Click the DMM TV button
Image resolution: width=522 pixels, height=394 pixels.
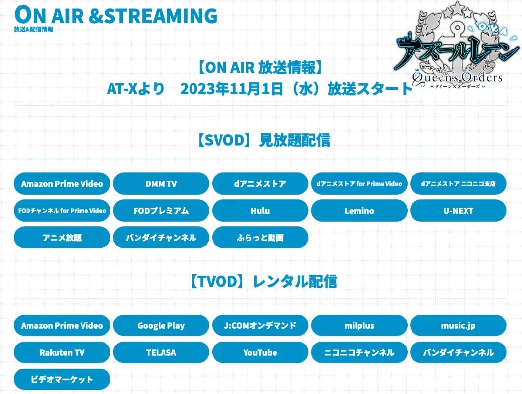tap(161, 184)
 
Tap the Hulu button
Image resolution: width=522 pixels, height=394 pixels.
tap(260, 211)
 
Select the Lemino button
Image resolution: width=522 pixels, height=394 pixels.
tap(359, 211)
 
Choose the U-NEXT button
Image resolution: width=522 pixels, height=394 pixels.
tap(459, 211)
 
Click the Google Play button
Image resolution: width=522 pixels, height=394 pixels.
tap(161, 325)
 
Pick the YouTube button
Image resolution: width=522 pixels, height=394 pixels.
tap(260, 352)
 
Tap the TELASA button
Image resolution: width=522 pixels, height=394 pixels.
tap(161, 352)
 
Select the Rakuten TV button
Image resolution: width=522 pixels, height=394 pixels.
tap(62, 352)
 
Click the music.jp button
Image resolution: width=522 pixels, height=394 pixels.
tap(459, 325)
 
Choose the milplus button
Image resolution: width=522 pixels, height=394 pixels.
tap(359, 325)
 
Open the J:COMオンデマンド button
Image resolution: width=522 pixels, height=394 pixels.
tap(260, 325)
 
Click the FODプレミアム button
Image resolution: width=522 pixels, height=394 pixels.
tap(161, 211)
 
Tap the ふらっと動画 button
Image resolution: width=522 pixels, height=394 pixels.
tap(260, 238)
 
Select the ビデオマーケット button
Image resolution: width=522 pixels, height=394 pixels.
tap(62, 379)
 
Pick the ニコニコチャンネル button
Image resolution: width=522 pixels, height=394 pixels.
tap(359, 352)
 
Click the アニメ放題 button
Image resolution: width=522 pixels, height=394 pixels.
tap(62, 238)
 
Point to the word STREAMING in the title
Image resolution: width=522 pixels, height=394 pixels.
tap(161, 16)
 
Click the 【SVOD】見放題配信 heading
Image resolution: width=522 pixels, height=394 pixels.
tap(263, 140)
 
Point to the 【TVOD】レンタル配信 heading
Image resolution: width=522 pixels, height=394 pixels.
tap(263, 282)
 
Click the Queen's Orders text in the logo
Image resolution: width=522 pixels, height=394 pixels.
tap(457, 77)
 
